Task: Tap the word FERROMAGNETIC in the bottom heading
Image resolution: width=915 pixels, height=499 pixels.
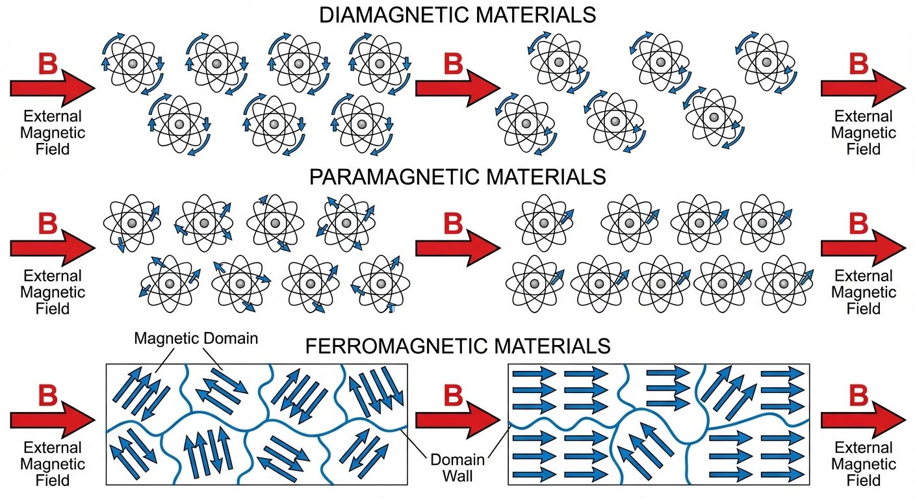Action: tap(374, 346)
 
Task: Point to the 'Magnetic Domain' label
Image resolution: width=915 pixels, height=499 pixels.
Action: tap(196, 338)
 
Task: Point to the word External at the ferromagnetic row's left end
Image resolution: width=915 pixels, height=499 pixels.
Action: tap(53, 448)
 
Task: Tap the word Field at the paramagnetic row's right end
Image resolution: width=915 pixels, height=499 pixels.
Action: tap(864, 308)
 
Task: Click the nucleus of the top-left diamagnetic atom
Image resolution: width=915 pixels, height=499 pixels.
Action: tap(133, 64)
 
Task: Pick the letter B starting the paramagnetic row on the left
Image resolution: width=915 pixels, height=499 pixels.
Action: tap(49, 224)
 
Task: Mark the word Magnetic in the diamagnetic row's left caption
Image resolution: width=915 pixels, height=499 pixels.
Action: tap(53, 133)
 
